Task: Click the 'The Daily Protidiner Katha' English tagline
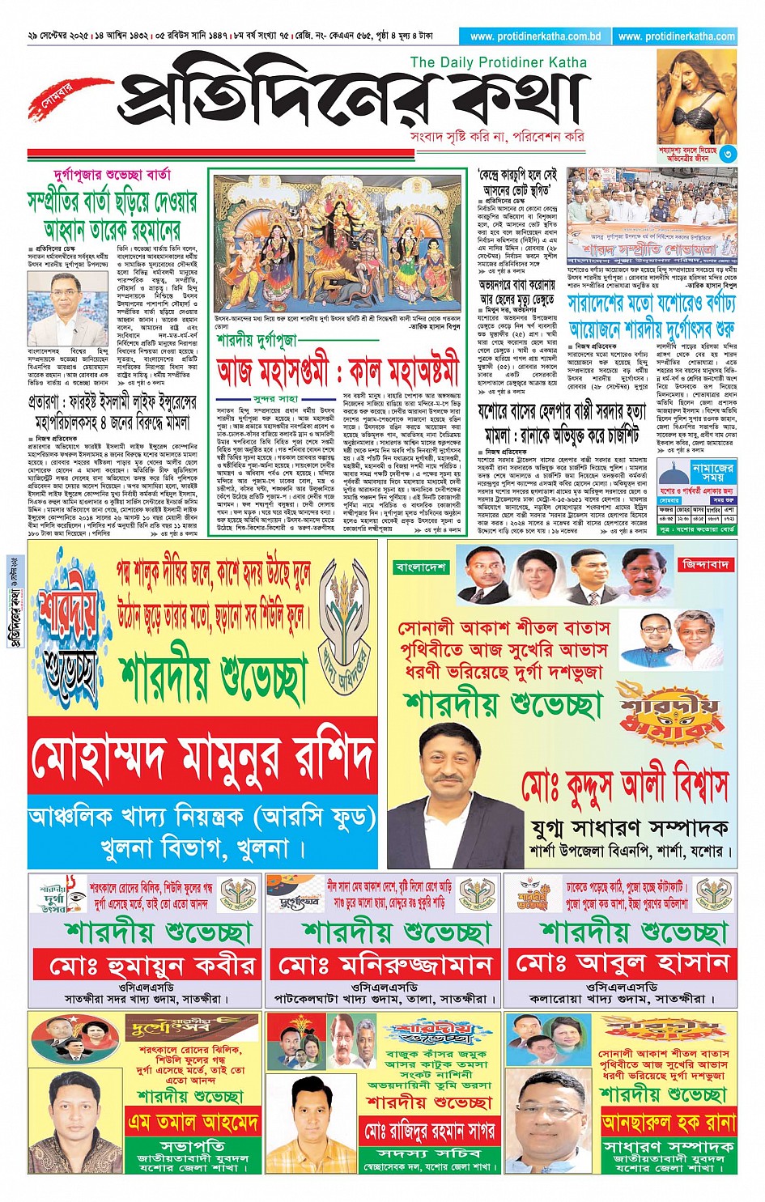point(499,62)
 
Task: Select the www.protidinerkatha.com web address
point(676,36)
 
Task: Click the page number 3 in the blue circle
point(728,154)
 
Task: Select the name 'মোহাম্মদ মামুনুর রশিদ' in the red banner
point(202,757)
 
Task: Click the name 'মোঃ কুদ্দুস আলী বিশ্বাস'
point(624,785)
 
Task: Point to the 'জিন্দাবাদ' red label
point(706,563)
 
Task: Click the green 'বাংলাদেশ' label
point(421,567)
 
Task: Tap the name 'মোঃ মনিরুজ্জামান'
point(385,965)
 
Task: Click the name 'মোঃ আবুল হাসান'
point(623,964)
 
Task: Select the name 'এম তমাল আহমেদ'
point(193,1122)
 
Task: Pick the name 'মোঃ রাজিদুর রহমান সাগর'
point(429,1130)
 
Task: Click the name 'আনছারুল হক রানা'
point(668,1123)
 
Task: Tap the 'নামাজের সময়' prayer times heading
point(712,473)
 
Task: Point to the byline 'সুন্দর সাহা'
point(275,398)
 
